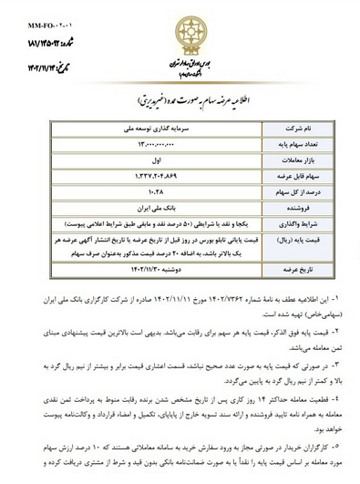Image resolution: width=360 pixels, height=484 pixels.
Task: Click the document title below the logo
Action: (x=180, y=95)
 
